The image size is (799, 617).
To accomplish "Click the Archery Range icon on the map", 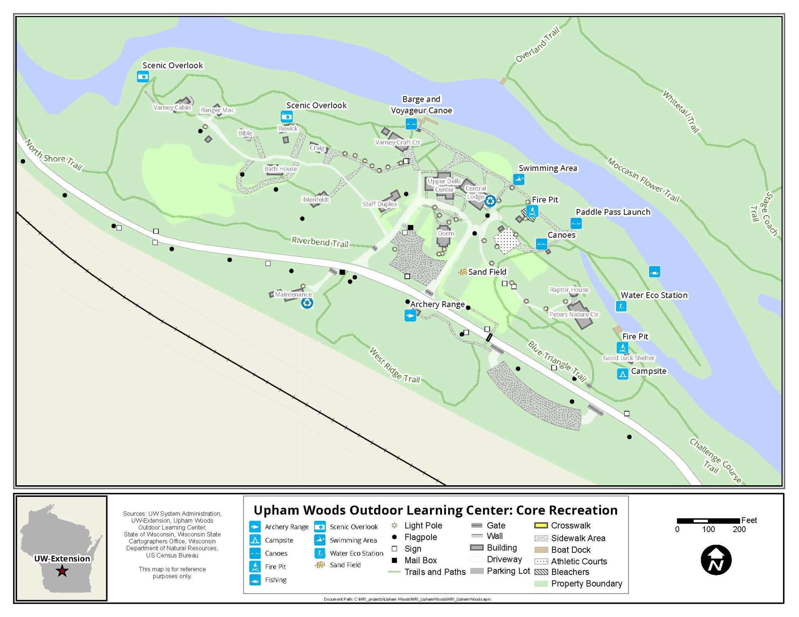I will [x=410, y=315].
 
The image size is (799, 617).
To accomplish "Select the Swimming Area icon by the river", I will [x=518, y=179].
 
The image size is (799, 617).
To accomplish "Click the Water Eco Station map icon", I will [x=621, y=306].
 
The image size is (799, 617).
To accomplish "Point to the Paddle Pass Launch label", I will [x=613, y=212].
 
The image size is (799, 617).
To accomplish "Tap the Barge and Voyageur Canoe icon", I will [x=411, y=124].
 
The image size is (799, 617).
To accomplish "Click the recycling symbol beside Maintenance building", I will [x=307, y=303].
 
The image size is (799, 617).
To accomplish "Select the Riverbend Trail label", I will [x=320, y=242].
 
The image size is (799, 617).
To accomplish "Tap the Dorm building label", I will [x=446, y=233].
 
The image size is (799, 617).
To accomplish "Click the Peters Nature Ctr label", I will [x=574, y=314].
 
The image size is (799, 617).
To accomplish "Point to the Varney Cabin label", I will [x=172, y=108].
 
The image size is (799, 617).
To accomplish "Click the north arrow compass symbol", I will [x=716, y=560].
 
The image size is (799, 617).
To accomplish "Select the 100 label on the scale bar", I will [x=708, y=529].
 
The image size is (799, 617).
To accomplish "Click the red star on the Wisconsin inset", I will [x=62, y=571].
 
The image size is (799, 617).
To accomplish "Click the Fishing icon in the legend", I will [x=255, y=580].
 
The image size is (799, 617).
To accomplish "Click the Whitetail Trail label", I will [x=681, y=111].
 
